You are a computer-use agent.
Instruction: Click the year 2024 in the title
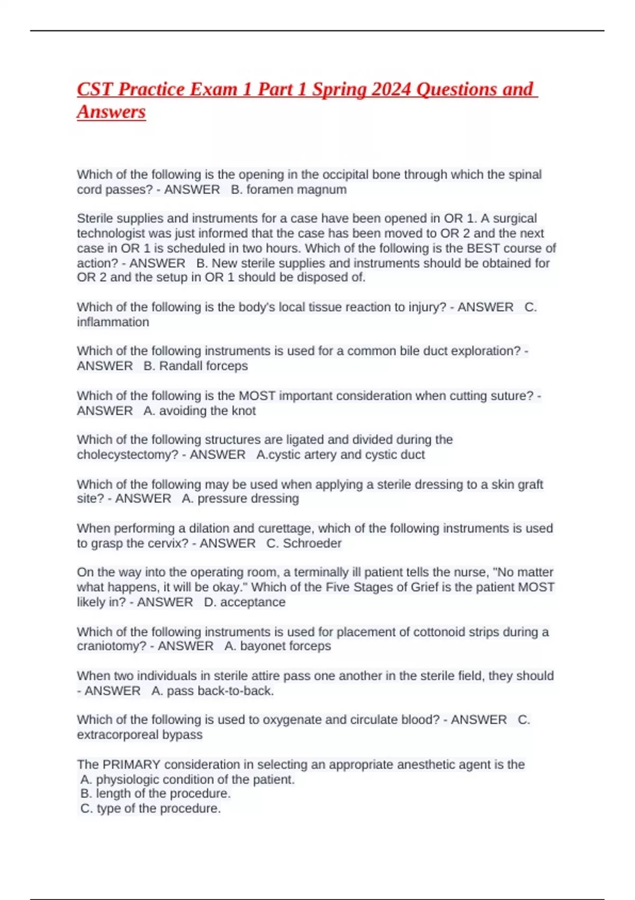[x=391, y=89]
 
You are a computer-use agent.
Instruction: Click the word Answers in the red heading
[x=111, y=112]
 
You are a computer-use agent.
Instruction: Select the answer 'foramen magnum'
[x=296, y=190]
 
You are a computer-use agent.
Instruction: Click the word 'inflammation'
[x=113, y=322]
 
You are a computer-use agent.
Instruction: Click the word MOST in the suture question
[x=257, y=395]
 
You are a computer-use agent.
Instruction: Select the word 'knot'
[x=243, y=411]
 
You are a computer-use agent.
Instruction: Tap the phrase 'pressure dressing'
[x=248, y=499]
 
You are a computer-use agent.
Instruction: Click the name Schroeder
[x=312, y=543]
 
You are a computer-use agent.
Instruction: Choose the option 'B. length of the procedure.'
[x=156, y=794]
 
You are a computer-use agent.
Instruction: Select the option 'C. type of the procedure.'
[x=150, y=808]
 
